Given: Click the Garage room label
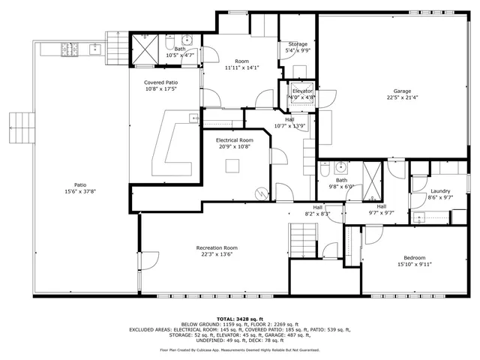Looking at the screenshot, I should [x=401, y=91].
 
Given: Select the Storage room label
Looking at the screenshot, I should [x=298, y=44].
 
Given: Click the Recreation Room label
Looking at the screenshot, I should [x=217, y=247].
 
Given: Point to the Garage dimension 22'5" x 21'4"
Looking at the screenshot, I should [x=401, y=97].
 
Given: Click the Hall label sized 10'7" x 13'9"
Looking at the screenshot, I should [x=289, y=118].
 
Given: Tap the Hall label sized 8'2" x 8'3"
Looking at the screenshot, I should [x=317, y=208].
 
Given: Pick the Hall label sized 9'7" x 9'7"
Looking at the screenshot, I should [x=381, y=207].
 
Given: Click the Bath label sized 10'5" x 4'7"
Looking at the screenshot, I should [x=169, y=49].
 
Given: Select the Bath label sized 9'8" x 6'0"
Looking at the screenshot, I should [x=341, y=180].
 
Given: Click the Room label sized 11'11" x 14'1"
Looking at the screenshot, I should [x=241, y=61].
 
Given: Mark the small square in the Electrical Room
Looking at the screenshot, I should [x=233, y=166].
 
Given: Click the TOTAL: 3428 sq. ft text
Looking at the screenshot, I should [x=239, y=319].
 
